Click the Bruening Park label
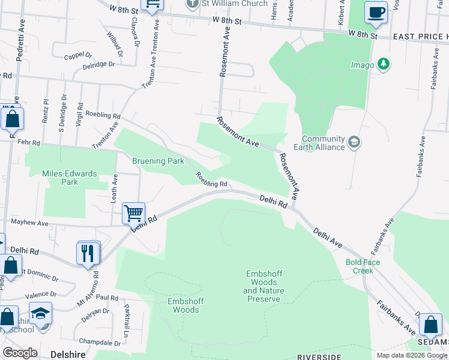click(x=158, y=161)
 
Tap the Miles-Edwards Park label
click(x=69, y=178)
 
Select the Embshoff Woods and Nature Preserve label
click(x=264, y=286)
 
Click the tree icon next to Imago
click(x=384, y=64)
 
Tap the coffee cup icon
click(x=376, y=13)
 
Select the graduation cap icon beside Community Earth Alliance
click(x=354, y=142)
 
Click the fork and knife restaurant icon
click(x=89, y=253)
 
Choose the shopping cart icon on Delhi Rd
click(x=133, y=213)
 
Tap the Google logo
click(x=20, y=353)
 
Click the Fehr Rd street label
click(x=28, y=143)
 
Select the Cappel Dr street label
click(x=78, y=56)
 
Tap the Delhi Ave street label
click(x=327, y=237)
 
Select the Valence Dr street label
click(x=41, y=295)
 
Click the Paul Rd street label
click(x=106, y=298)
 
